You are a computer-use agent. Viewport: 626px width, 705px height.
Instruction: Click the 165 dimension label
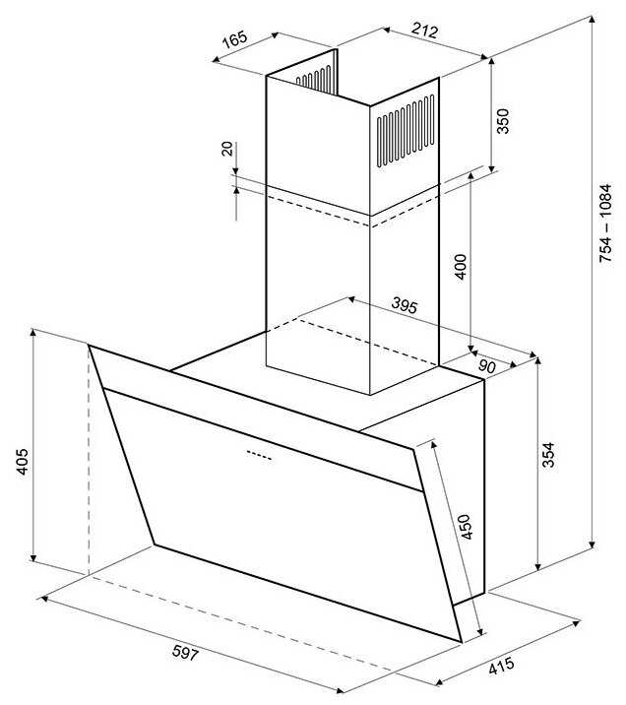click(235, 38)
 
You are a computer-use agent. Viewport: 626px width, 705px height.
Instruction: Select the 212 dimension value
click(424, 32)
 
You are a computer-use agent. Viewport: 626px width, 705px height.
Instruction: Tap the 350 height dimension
click(503, 121)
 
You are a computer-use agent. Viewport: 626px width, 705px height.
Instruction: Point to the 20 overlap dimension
click(227, 149)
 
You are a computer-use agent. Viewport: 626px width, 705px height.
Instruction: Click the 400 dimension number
click(462, 267)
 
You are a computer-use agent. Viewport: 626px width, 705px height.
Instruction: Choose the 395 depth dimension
click(405, 305)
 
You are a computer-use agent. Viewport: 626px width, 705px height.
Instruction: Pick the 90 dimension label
click(486, 366)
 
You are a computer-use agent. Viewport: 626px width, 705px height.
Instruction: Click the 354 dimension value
click(548, 455)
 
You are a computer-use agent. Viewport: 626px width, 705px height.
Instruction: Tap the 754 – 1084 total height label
click(605, 223)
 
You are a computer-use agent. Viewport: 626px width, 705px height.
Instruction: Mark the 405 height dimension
click(22, 462)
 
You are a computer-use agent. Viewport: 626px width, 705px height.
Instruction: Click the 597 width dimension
click(185, 653)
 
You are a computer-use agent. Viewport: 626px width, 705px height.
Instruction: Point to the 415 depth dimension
click(501, 666)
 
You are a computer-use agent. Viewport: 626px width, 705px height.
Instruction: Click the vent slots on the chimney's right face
click(406, 131)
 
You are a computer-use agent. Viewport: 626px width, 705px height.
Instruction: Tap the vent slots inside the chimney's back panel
click(315, 78)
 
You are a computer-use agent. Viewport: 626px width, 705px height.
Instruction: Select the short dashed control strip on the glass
click(259, 455)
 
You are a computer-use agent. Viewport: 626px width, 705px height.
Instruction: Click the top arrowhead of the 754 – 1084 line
click(593, 21)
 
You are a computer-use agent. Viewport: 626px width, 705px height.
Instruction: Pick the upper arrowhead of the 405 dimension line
click(32, 334)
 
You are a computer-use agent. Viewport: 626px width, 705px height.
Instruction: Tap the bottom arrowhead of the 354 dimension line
click(538, 567)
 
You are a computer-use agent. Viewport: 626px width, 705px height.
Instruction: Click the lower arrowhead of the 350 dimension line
click(492, 168)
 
